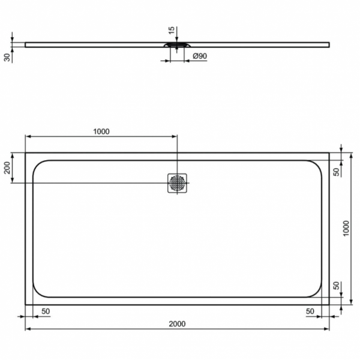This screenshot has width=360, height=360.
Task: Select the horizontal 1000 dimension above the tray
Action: (x=101, y=132)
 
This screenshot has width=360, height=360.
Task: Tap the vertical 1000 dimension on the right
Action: (x=346, y=227)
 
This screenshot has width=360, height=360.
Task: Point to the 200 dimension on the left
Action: (x=8, y=167)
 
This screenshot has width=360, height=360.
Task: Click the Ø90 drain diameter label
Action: (x=200, y=56)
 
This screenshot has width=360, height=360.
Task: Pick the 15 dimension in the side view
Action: (x=171, y=30)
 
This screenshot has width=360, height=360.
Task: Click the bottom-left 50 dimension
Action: (x=45, y=312)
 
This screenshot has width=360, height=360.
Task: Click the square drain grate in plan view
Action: (x=178, y=183)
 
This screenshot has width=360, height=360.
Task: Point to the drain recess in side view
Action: (x=178, y=45)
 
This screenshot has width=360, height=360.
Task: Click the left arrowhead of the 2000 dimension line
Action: (x=28, y=329)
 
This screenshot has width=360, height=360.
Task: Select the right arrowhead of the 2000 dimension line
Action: (x=327, y=329)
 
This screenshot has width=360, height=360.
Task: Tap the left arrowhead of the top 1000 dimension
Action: (x=28, y=137)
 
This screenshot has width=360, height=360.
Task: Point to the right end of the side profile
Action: (x=329, y=44)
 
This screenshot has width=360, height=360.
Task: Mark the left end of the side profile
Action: (x=26, y=44)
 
